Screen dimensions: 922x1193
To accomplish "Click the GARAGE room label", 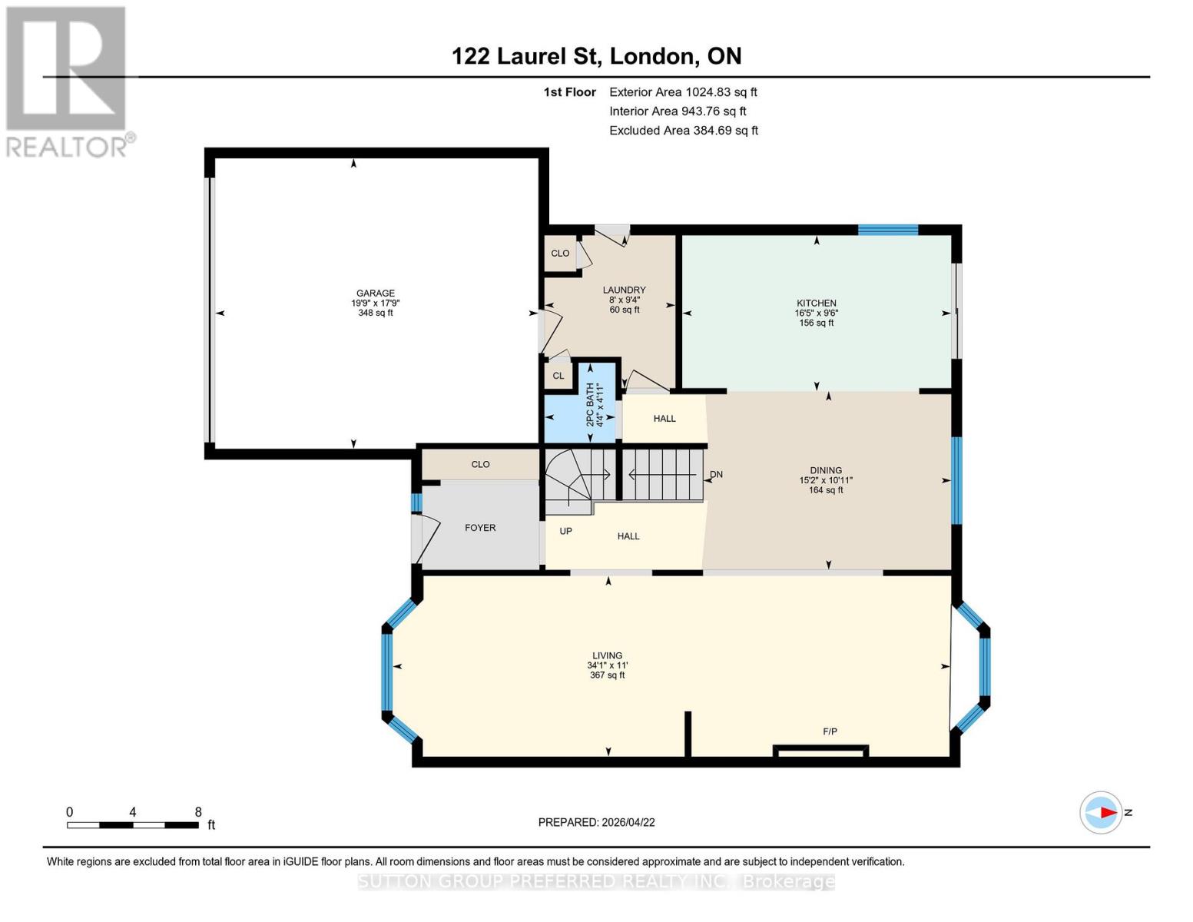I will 375,293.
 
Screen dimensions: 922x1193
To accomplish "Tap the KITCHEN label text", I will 816,303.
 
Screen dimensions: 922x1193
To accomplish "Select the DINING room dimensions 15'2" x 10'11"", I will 826,480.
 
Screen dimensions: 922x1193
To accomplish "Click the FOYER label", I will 480,528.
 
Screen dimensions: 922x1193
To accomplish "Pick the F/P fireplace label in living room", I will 830,731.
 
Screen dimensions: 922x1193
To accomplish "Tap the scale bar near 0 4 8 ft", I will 132,825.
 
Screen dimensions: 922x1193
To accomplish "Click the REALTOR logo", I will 68,81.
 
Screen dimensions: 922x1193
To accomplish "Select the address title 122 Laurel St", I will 596,56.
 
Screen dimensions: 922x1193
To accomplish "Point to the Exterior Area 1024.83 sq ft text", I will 683,92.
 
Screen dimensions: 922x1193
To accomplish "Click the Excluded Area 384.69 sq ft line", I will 683,131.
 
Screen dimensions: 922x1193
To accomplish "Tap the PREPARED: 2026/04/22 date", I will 596,822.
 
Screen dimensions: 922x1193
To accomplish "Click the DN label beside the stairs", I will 716,474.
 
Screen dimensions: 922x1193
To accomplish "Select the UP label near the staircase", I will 565,531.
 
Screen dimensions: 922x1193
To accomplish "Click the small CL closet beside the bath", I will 558,376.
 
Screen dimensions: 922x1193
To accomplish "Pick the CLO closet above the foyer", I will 480,464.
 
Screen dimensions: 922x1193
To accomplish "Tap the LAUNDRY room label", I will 624,290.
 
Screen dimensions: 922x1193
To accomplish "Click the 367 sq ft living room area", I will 606,675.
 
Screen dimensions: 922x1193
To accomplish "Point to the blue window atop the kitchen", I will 887,229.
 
